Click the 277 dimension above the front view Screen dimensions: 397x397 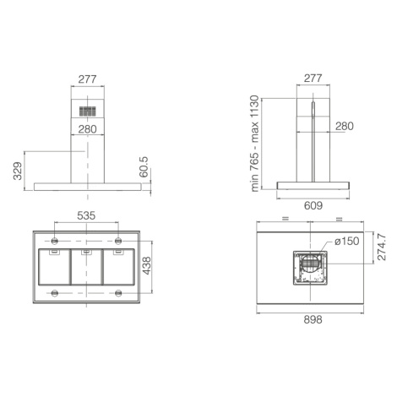point(87,79)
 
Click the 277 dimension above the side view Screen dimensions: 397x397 point(313,78)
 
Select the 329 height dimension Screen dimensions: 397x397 point(18,171)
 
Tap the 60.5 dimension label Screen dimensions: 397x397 point(144,167)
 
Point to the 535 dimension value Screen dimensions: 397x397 point(86,215)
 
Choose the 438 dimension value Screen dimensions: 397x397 point(146,265)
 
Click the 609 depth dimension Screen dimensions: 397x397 point(313,206)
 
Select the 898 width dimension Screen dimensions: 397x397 point(313,320)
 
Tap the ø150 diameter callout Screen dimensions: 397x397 point(347,241)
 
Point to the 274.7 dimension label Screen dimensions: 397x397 point(382,247)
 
